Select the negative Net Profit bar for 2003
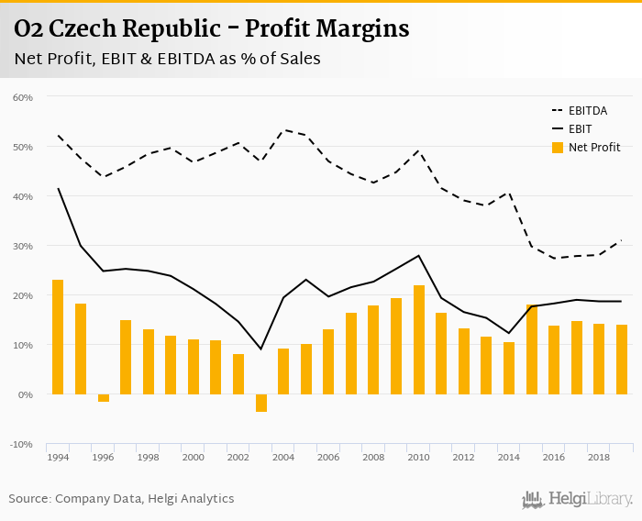[261, 403]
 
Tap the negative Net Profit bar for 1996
[103, 398]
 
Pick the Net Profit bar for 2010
[419, 339]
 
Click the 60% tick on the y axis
[23, 97]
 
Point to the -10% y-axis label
[22, 444]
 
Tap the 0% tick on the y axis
[26, 394]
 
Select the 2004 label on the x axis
[283, 456]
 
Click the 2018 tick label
[599, 456]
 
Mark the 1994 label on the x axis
[58, 456]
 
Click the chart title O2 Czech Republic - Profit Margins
[212, 29]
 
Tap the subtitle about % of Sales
[167, 59]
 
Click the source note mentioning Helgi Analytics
[121, 499]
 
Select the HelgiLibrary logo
[578, 499]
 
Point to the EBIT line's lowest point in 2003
[261, 349]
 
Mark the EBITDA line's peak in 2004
[283, 130]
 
